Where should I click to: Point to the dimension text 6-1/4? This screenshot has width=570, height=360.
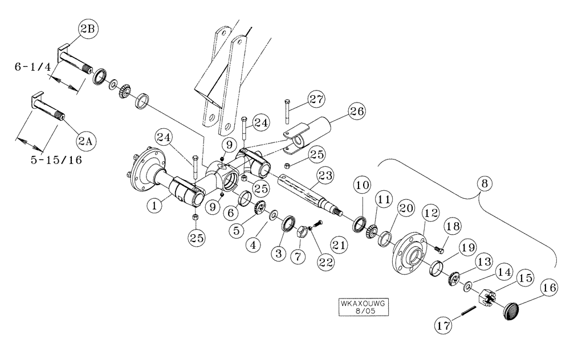34,67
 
